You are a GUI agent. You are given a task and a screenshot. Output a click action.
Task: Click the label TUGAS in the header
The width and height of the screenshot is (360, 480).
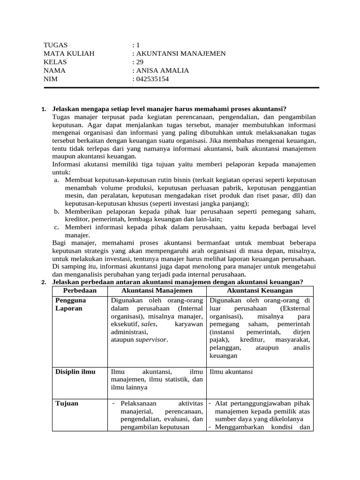coord(55,45)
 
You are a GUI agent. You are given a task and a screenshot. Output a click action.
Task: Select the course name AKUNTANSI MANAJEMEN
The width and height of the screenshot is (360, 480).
coord(180,53)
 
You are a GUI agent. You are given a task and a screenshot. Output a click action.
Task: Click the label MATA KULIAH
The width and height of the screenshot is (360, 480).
coord(69,53)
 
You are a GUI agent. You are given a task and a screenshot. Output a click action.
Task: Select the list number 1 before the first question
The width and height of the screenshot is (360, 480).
coord(44,110)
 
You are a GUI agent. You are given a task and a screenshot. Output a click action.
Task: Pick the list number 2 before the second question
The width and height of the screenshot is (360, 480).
coord(44,282)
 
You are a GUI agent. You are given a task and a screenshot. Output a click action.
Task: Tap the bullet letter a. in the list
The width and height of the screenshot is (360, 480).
coord(56,180)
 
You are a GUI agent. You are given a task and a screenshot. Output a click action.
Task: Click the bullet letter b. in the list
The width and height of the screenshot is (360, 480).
coord(56,211)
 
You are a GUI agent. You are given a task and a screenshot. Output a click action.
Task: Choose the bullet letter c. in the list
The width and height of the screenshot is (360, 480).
coord(56,227)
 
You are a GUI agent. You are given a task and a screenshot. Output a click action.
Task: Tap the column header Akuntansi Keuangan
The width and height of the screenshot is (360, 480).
coord(260,290)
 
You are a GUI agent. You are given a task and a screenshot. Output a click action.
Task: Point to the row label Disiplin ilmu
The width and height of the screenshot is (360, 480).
coord(75,372)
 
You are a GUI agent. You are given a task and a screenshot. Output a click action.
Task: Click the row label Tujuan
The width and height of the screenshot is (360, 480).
coord(67,403)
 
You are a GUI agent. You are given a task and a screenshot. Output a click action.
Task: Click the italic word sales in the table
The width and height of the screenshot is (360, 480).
coord(149,324)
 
